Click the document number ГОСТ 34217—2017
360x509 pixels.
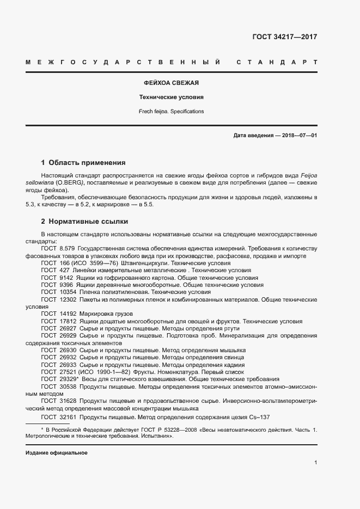(x=284, y=37)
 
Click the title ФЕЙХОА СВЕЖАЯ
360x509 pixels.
(x=170, y=83)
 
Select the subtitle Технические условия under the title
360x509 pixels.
(x=170, y=97)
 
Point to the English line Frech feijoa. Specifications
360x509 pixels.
(x=170, y=111)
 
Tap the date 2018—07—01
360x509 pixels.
(x=298, y=135)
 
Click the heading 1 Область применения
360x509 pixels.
(x=83, y=162)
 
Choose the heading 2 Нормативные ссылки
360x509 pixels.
(x=85, y=222)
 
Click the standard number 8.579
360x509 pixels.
(x=66, y=248)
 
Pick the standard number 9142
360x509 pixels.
(x=66, y=278)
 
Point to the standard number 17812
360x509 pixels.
(x=68, y=321)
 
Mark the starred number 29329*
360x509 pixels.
(x=69, y=379)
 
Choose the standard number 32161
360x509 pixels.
(x=68, y=417)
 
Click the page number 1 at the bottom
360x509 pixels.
(x=316, y=462)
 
